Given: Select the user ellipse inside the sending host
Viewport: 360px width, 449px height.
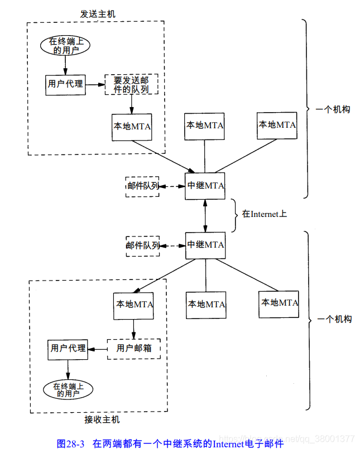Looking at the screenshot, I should pos(66,46).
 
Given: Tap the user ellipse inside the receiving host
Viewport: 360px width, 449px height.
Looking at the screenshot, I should pos(68,389).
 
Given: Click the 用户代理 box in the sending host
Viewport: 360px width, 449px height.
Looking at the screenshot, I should pos(65,84).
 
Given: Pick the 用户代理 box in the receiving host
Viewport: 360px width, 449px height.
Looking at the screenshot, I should pos(68,348).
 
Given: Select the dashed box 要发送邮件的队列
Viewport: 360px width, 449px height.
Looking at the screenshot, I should pos(132,84).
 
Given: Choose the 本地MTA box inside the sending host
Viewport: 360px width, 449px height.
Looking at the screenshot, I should pos(132,126).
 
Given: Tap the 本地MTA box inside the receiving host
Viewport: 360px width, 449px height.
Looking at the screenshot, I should pos(134,305).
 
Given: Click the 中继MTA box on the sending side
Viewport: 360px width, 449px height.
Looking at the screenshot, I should pos(205,186).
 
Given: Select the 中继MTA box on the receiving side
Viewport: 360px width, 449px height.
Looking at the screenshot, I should pos(205,245).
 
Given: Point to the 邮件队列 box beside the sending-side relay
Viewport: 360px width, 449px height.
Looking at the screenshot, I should pos(143,186).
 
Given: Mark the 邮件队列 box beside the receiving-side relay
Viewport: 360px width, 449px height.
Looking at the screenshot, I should pos(143,245).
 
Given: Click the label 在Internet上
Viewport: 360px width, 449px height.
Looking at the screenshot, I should pos(264,214).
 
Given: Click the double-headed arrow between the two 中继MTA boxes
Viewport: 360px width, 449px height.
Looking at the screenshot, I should pos(206,215).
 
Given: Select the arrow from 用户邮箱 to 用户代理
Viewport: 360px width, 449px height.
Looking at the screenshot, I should pos(98,349).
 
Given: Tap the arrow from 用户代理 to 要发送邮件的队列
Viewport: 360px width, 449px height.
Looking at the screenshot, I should pos(95,84).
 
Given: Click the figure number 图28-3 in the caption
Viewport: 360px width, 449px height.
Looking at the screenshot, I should pos(71,443).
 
